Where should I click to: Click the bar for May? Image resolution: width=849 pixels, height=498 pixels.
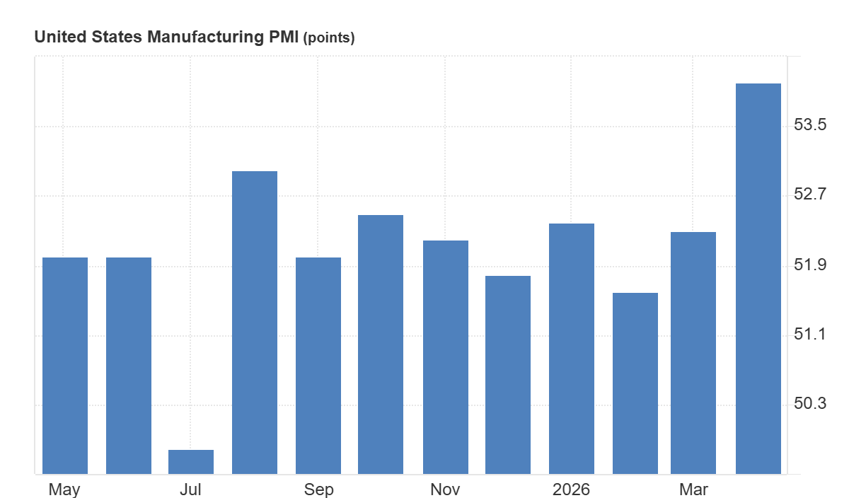pyautogui.click(x=65, y=365)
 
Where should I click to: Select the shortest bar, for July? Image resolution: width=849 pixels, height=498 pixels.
pyautogui.click(x=191, y=461)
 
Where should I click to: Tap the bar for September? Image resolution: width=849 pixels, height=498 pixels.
pyautogui.click(x=318, y=365)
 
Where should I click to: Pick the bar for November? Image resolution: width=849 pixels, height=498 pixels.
pyautogui.click(x=446, y=357)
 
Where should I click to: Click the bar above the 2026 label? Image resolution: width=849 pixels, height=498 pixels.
pyautogui.click(x=572, y=348)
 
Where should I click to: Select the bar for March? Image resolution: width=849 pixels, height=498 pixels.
pyautogui.click(x=693, y=352)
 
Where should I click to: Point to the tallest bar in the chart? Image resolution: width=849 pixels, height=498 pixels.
pyautogui.click(x=758, y=279)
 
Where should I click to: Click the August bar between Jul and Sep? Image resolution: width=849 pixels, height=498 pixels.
pyautogui.click(x=255, y=322)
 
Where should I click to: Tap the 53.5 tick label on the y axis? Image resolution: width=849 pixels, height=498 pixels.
pyautogui.click(x=809, y=125)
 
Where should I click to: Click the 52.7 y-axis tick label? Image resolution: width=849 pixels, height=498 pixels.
pyautogui.click(x=809, y=195)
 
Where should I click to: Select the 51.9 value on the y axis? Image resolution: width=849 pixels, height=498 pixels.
pyautogui.click(x=809, y=265)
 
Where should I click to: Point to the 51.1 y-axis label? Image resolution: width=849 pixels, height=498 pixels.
pyautogui.click(x=809, y=335)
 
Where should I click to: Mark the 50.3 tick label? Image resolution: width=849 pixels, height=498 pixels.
pyautogui.click(x=809, y=404)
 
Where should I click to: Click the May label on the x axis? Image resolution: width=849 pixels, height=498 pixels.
pyautogui.click(x=64, y=490)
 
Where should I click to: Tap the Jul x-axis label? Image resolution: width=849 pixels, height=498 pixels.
pyautogui.click(x=191, y=490)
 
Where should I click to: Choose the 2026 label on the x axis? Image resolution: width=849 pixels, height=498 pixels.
pyautogui.click(x=572, y=490)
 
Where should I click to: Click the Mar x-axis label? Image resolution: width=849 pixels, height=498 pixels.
pyautogui.click(x=693, y=490)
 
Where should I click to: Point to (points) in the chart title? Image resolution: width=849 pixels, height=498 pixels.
pyautogui.click(x=328, y=38)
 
